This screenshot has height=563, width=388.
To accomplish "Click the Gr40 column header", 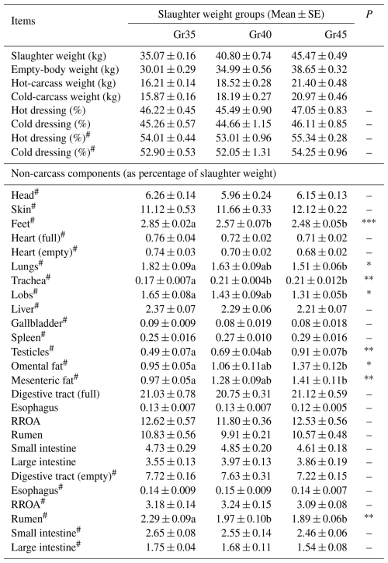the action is click(x=260, y=34).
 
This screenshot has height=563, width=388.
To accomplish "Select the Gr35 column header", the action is click(x=184, y=34).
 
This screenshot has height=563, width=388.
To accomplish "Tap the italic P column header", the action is click(x=369, y=14).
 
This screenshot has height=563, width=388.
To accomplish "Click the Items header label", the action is click(x=23, y=21).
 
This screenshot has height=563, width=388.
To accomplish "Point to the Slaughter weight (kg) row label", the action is click(x=58, y=56).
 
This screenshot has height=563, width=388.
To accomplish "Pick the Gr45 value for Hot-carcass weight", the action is click(x=319, y=83).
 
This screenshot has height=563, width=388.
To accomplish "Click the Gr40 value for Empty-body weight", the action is click(x=244, y=69).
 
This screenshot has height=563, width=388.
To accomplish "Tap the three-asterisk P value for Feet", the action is click(x=369, y=221).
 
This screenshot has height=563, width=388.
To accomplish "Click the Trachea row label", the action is click(x=30, y=280).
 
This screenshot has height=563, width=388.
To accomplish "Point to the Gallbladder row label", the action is click(x=39, y=322).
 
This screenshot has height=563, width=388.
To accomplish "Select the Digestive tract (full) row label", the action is click(x=55, y=394).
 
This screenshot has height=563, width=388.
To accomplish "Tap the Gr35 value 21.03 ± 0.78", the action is click(x=168, y=394).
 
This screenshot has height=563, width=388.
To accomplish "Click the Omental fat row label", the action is click(x=39, y=365).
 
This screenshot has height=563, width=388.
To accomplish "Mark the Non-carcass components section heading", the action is click(x=144, y=174).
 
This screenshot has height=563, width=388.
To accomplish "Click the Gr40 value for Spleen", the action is click(x=244, y=337).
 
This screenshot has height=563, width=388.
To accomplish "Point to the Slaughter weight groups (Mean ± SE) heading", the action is click(x=241, y=14).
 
